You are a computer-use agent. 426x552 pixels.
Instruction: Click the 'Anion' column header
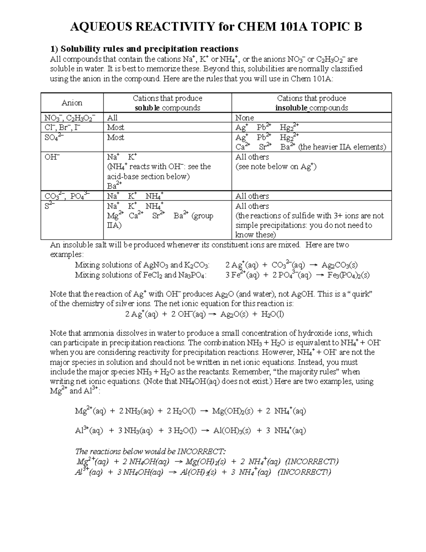(72, 103)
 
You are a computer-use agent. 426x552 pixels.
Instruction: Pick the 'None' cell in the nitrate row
(245, 118)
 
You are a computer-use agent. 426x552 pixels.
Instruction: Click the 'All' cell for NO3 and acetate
(112, 118)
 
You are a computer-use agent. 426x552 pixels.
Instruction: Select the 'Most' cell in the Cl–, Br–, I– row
(116, 127)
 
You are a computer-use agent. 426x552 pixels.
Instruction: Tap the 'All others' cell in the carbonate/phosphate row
(252, 196)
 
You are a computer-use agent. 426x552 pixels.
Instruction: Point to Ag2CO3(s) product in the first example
(339, 265)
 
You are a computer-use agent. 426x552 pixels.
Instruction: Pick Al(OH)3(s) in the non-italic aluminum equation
(232, 431)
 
